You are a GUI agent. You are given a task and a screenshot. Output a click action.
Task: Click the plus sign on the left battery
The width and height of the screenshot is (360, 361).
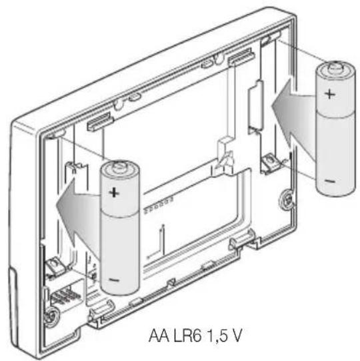[114, 192]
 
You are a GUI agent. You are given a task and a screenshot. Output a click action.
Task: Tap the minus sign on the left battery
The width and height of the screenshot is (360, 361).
[114, 280]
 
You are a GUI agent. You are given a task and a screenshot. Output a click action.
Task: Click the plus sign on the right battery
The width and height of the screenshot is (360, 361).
[330, 94]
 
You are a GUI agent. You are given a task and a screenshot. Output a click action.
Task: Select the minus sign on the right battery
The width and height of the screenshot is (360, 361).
[330, 181]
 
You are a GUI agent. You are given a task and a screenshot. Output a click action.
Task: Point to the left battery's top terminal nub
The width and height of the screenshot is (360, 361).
[119, 167]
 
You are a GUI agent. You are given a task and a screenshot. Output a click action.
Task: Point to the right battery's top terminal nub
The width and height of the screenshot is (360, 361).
[335, 67]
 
